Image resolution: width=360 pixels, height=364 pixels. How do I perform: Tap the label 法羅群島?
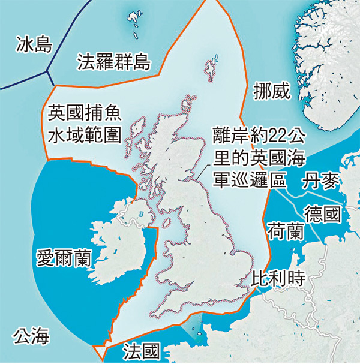click(x=113, y=61)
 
